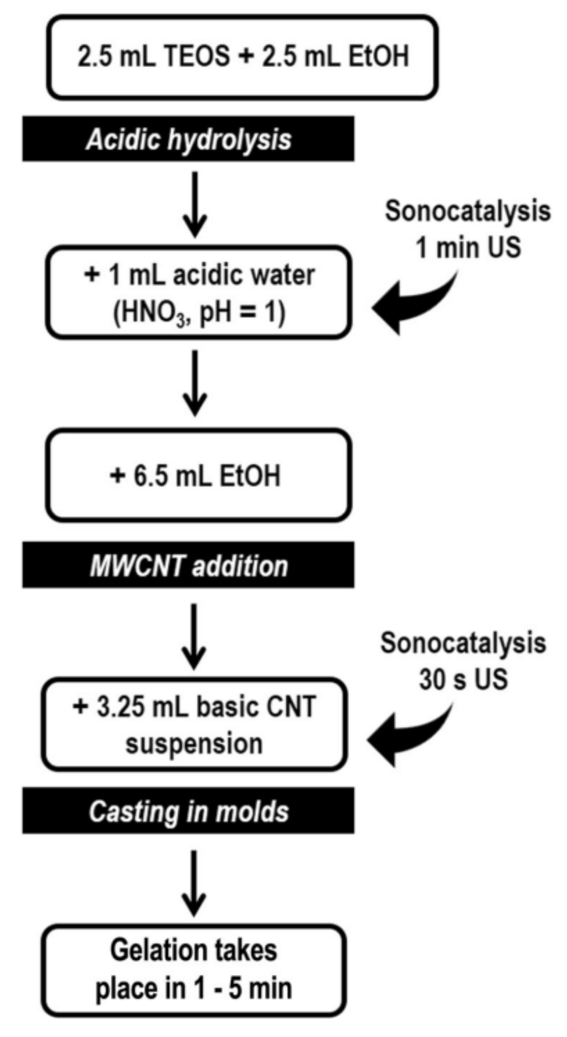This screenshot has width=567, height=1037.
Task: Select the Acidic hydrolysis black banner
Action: click(x=188, y=139)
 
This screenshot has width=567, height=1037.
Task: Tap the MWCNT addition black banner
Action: click(x=188, y=566)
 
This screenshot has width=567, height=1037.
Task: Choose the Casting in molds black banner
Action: click(x=188, y=811)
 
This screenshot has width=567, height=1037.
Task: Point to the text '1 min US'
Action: click(x=468, y=248)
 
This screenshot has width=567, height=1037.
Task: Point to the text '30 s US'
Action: click(x=463, y=679)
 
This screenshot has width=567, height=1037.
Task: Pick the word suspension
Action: click(x=194, y=744)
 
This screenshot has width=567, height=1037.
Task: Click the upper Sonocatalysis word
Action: click(x=467, y=211)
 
